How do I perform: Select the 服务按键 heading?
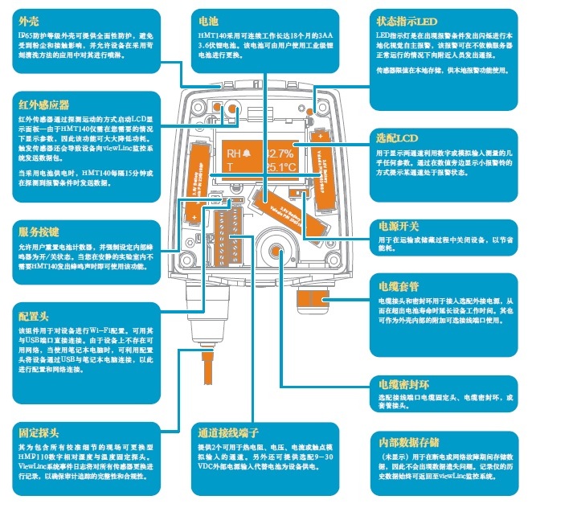[x=39, y=227]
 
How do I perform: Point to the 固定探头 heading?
[x=39, y=432]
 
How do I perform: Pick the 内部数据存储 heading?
[x=409, y=441]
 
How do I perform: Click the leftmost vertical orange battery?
[x=195, y=182]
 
